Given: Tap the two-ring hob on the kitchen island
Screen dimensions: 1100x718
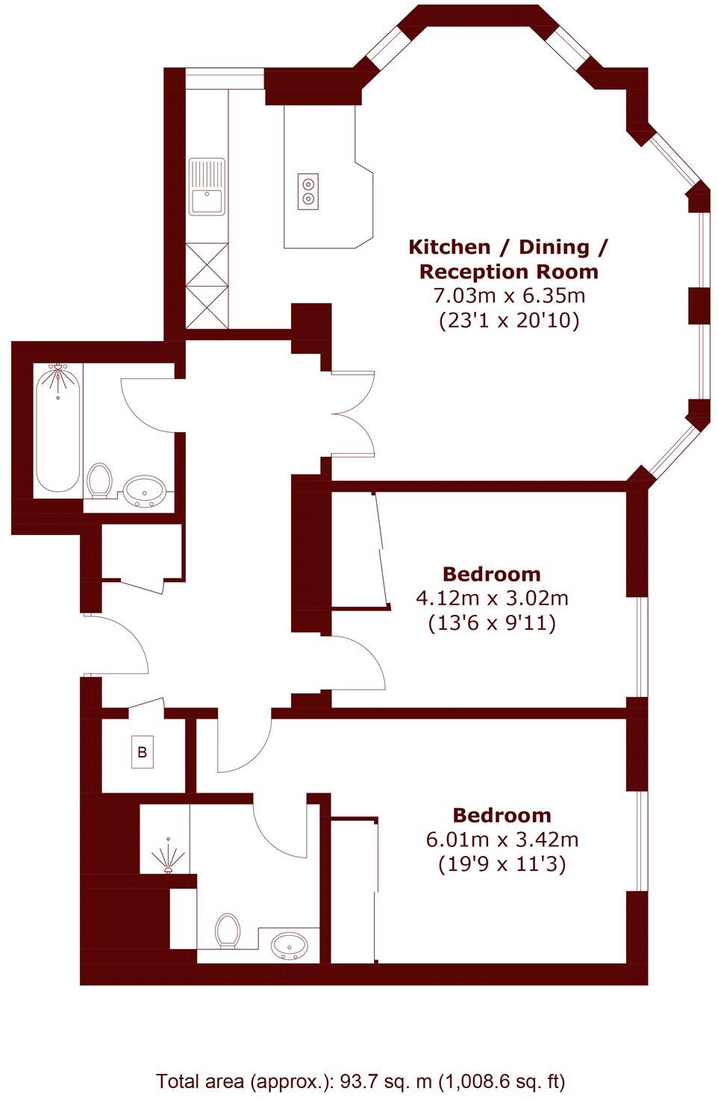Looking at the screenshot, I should [308, 190].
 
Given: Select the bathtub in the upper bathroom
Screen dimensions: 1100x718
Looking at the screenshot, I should [58, 428].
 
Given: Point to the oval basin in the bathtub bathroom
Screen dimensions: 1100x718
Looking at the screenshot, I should [145, 492].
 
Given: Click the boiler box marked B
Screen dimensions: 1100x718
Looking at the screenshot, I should [142, 752].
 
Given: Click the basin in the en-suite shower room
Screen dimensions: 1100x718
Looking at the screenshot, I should [289, 945].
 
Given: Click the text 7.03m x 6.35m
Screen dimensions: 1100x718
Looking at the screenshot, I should [509, 296].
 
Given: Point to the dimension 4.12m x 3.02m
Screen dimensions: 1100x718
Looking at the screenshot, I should [492, 598].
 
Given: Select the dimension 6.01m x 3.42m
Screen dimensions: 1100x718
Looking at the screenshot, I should [502, 840].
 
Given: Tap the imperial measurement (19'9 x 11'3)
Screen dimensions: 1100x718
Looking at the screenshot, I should [502, 864].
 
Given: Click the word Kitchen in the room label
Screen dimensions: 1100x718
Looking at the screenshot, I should [449, 246].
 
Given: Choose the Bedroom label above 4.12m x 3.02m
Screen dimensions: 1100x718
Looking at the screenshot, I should [491, 574].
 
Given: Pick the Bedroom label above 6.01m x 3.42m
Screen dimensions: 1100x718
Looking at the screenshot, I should [502, 815].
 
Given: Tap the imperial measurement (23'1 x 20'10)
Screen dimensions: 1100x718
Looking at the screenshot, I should [509, 321].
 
